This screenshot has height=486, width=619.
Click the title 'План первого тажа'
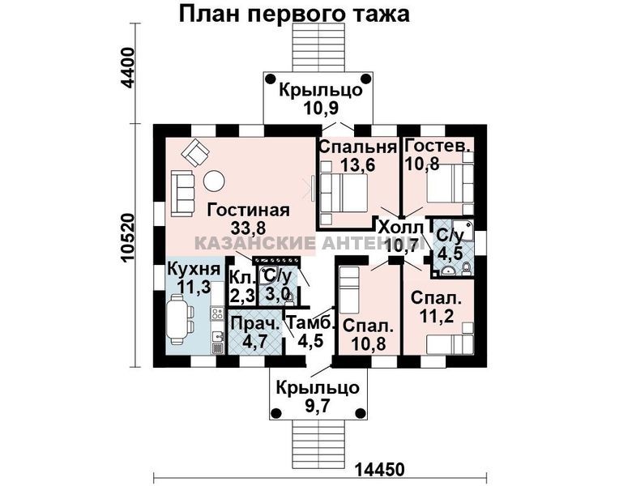(294, 15)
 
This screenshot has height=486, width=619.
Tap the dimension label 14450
(380, 470)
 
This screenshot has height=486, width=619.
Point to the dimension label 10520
(129, 238)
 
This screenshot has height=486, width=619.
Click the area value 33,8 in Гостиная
(249, 228)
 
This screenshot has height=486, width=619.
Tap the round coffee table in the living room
(214, 181)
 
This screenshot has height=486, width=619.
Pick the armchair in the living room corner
(195, 152)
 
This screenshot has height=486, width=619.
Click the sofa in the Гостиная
(183, 193)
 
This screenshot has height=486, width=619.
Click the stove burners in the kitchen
(216, 314)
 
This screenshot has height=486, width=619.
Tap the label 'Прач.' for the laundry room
(255, 324)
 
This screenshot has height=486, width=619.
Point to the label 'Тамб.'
(309, 323)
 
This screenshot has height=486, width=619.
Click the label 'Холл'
(401, 228)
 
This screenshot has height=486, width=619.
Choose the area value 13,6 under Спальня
(358, 164)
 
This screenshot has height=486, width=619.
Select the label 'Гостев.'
(438, 146)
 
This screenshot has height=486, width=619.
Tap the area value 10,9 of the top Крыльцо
(321, 107)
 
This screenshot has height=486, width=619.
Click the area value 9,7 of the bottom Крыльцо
(318, 405)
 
